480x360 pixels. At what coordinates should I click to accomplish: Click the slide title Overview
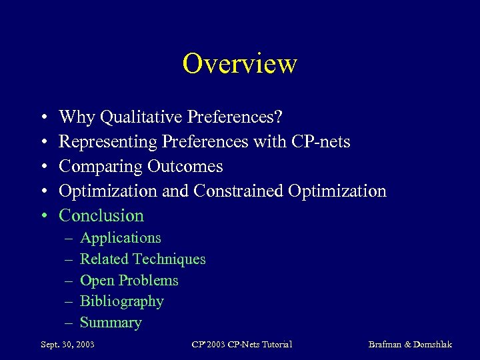(x=239, y=64)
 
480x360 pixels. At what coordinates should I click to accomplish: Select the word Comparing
(x=100, y=167)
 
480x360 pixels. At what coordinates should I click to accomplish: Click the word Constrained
(x=239, y=191)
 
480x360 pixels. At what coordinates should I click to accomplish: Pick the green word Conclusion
(x=101, y=215)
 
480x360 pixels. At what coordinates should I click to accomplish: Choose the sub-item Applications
(x=121, y=238)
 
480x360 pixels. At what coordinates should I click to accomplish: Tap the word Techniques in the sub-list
(x=169, y=259)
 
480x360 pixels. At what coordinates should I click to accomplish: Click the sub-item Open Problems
(x=129, y=280)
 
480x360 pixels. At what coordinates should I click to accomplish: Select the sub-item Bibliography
(x=122, y=301)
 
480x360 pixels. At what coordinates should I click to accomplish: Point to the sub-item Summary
(x=111, y=323)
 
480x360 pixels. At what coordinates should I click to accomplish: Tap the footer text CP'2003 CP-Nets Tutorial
(x=241, y=344)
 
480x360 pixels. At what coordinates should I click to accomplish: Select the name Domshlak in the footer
(x=433, y=344)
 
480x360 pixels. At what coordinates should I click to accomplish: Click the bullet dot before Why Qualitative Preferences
(x=42, y=118)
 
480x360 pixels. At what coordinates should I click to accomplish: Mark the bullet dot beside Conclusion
(x=42, y=216)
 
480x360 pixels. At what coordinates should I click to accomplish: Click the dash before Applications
(x=68, y=238)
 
